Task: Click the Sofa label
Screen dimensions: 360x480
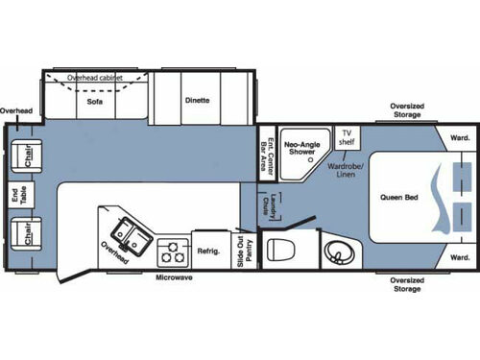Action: [94, 101]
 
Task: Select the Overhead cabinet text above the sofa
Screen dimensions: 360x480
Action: [96, 77]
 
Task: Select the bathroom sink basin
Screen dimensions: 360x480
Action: [336, 252]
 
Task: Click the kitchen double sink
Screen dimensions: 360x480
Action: [128, 232]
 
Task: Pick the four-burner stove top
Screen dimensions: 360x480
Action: [172, 252]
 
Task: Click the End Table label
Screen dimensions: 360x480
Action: [14, 197]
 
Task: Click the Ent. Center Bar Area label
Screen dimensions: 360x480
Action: [269, 153]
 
